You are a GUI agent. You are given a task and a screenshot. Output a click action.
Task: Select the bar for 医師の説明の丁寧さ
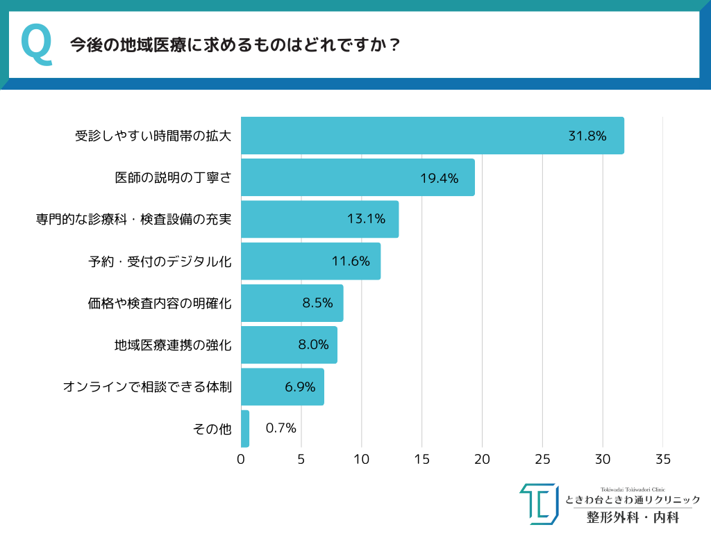pos(358,177)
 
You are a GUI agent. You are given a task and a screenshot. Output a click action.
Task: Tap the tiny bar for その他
pos(245,428)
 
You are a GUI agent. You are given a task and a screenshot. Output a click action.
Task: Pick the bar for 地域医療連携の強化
pos(289,345)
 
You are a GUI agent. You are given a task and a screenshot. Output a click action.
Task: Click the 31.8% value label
pos(587,136)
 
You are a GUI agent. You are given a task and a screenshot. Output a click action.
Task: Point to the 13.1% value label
pos(366,219)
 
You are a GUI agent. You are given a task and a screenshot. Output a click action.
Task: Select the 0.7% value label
pos(281,428)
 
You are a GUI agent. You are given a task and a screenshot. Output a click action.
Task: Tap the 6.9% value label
pos(300,387)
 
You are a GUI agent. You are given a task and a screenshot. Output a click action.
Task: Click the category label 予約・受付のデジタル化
pos(160,261)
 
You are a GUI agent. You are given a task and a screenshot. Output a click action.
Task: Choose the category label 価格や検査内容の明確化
pos(160,303)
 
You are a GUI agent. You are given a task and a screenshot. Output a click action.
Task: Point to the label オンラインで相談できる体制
pos(147,387)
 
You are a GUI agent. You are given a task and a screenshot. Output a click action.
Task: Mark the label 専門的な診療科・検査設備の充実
pos(133,220)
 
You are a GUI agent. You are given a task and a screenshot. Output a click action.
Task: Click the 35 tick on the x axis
pos(663,460)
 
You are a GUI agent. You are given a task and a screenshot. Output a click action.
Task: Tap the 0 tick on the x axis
pos(241,460)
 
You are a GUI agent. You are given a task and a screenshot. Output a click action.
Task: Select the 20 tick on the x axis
pos(482,460)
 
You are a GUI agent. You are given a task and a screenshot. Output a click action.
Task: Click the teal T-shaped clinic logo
pos(539,503)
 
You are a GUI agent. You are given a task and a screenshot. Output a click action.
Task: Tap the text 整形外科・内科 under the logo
pos(633,518)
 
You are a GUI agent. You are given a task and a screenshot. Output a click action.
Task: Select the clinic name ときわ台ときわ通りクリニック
pos(633,500)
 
